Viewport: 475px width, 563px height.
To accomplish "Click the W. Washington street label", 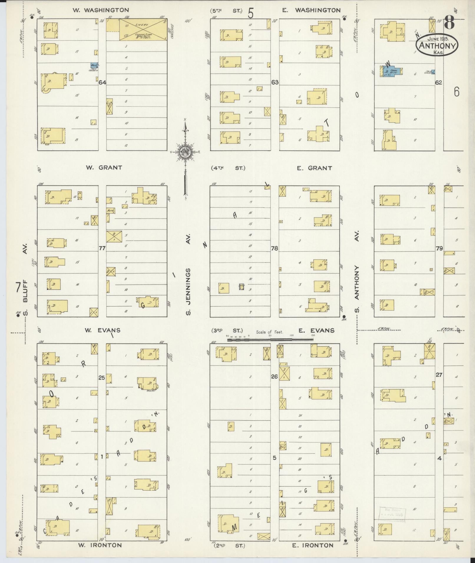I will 101,10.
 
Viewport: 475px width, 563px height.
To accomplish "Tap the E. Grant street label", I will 315,168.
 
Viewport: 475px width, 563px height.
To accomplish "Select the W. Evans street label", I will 102,330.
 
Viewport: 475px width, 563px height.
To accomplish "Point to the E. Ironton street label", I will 313,545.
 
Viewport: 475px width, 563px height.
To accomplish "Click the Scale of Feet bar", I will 270,339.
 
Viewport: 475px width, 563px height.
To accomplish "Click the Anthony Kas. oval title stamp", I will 437,45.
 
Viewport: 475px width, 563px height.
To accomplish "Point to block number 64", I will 102,82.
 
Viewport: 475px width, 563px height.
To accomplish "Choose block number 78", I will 274,248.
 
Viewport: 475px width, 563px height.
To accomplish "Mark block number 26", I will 274,376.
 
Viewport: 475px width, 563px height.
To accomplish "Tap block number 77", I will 102,248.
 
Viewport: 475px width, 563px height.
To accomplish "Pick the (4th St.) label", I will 228,168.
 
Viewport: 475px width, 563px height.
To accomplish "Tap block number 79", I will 439,248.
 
